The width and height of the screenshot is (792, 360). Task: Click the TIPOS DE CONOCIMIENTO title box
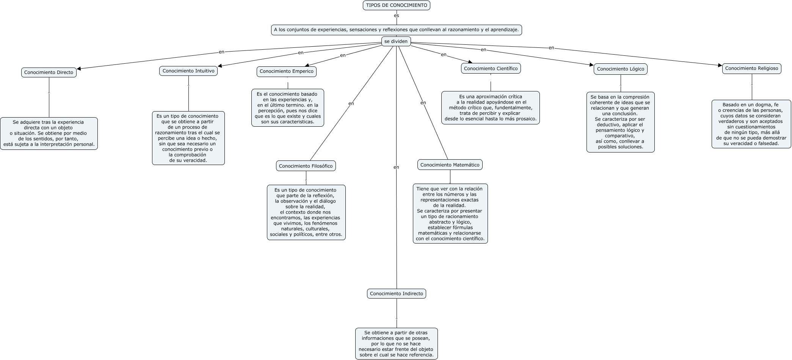[396, 5]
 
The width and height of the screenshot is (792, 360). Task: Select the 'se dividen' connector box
[396, 41]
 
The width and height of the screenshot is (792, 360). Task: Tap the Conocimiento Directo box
[49, 72]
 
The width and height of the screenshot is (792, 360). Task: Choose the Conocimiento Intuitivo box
[188, 71]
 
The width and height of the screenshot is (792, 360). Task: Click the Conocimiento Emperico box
[286, 71]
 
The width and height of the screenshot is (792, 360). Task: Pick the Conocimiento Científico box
[491, 68]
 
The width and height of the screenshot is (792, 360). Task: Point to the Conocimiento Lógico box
[620, 69]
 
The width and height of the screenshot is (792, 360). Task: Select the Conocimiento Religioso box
[751, 69]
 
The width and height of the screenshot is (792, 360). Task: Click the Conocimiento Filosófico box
[306, 166]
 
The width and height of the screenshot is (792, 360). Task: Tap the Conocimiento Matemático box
[450, 165]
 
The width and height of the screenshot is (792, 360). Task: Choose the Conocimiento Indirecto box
[396, 294]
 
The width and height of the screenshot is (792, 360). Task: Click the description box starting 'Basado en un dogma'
[751, 124]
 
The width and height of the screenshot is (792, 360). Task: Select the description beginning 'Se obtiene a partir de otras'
[396, 344]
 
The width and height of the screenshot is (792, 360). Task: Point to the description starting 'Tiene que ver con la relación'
[450, 214]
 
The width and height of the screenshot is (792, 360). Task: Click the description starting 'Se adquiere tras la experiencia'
[49, 133]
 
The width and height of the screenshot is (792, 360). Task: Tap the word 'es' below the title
[396, 16]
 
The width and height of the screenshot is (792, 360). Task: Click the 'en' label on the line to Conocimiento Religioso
[551, 48]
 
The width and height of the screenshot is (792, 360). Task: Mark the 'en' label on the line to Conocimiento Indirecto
[396, 167]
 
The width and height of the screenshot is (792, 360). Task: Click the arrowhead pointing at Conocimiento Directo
[79, 69]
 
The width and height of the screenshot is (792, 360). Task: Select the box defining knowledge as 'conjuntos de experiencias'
[396, 30]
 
